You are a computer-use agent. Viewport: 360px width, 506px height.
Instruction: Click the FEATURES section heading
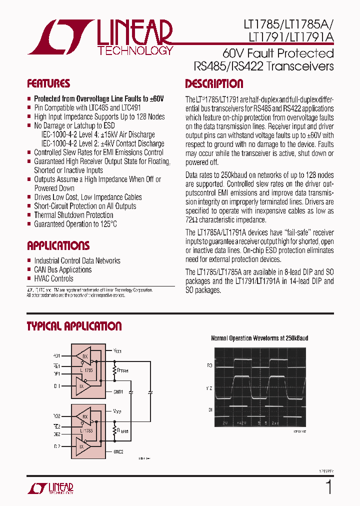tap(48, 83)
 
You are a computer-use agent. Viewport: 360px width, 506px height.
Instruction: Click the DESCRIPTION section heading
tap(214, 83)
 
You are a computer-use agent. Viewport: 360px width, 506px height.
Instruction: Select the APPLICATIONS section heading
tap(58, 245)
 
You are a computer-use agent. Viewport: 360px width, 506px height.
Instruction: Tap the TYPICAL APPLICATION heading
tap(74, 326)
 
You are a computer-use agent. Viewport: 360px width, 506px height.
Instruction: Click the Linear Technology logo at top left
tap(100, 37)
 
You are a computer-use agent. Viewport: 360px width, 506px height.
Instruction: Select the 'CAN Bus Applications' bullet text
tap(63, 269)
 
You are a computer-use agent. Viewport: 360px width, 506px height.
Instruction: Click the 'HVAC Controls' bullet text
tap(53, 278)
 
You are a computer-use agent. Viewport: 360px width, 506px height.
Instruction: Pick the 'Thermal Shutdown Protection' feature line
tap(73, 215)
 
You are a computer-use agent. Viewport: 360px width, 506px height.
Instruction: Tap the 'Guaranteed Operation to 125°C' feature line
tap(75, 224)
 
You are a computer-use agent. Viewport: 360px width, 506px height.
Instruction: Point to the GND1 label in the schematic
tap(118, 391)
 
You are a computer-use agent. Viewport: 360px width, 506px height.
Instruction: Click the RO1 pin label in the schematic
tap(56, 355)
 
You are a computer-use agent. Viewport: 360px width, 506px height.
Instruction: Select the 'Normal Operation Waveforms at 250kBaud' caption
tap(259, 338)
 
